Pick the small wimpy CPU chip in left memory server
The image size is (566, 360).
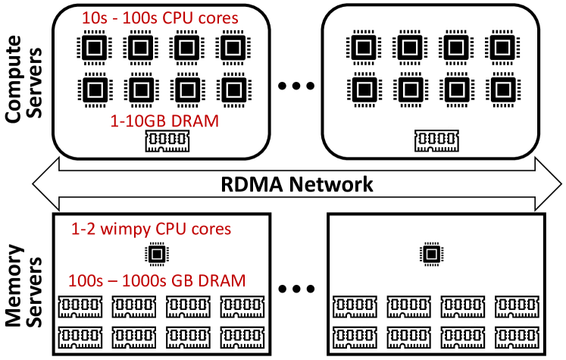tap(157, 254)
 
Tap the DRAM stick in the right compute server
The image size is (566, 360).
tap(434, 139)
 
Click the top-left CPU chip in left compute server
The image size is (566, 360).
tap(93, 48)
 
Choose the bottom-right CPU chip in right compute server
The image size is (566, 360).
tap(501, 89)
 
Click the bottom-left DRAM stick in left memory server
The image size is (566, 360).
tap(79, 333)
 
